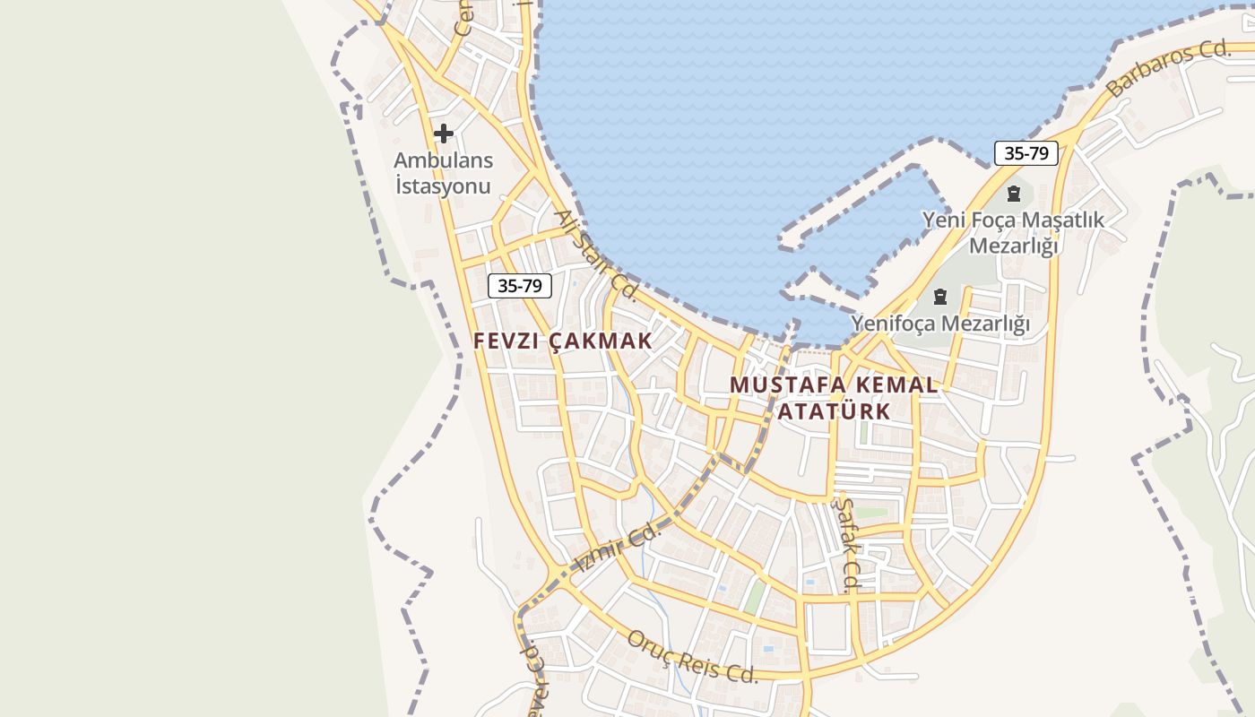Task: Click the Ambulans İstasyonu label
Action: pyautogui.click(x=443, y=173)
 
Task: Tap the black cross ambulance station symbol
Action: pyautogui.click(x=443, y=134)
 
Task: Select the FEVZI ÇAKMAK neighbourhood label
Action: pyautogui.click(x=563, y=341)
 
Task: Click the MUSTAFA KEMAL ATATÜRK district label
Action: pyautogui.click(x=834, y=398)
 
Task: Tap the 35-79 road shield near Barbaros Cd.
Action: pyautogui.click(x=1026, y=153)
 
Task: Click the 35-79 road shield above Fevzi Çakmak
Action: pyautogui.click(x=520, y=286)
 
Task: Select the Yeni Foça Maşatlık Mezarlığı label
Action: pyautogui.click(x=1014, y=232)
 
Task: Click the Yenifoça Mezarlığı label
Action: pyautogui.click(x=940, y=324)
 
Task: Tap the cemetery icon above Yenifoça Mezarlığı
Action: pyautogui.click(x=940, y=296)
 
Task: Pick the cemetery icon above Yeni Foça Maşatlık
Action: pyautogui.click(x=1014, y=193)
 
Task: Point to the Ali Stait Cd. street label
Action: pyautogui.click(x=595, y=255)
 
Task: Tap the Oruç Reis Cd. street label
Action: pyautogui.click(x=692, y=657)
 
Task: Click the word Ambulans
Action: pyautogui.click(x=443, y=161)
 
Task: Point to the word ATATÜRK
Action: pyautogui.click(x=834, y=411)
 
